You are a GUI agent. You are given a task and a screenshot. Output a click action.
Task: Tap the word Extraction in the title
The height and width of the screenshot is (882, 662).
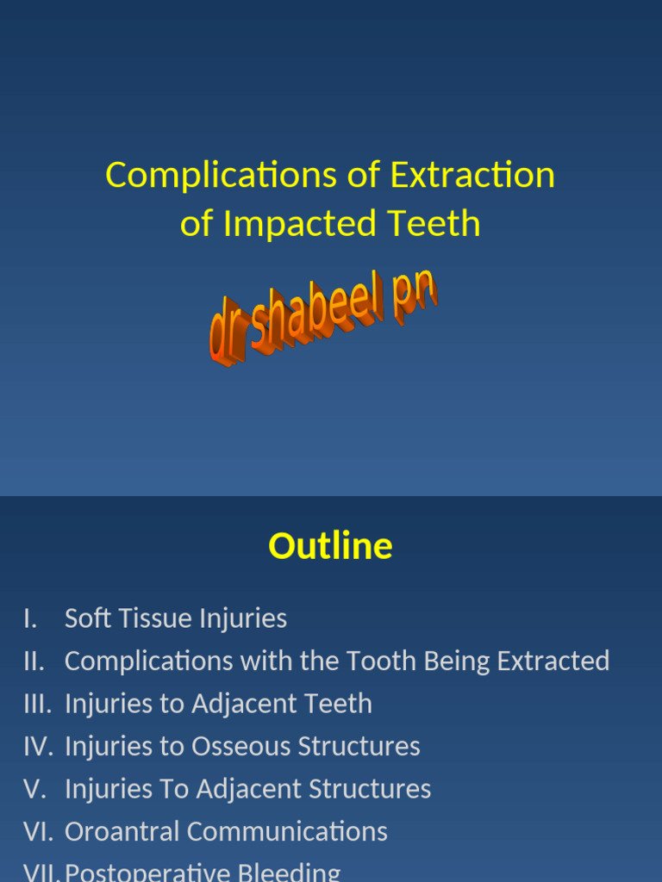[x=472, y=176]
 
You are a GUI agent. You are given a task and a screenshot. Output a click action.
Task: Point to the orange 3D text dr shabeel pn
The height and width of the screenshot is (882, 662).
[x=322, y=319]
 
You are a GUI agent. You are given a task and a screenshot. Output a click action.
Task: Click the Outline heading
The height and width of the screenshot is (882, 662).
[x=330, y=546]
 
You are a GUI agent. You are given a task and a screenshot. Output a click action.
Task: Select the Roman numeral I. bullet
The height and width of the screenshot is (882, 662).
[x=32, y=618]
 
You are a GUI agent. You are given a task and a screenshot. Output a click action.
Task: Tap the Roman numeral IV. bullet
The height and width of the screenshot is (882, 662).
[x=39, y=746]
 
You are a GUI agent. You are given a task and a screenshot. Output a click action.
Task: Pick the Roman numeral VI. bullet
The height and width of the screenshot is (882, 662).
[x=39, y=831]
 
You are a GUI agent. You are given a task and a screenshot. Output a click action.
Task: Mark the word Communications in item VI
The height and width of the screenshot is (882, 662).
[x=287, y=831]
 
